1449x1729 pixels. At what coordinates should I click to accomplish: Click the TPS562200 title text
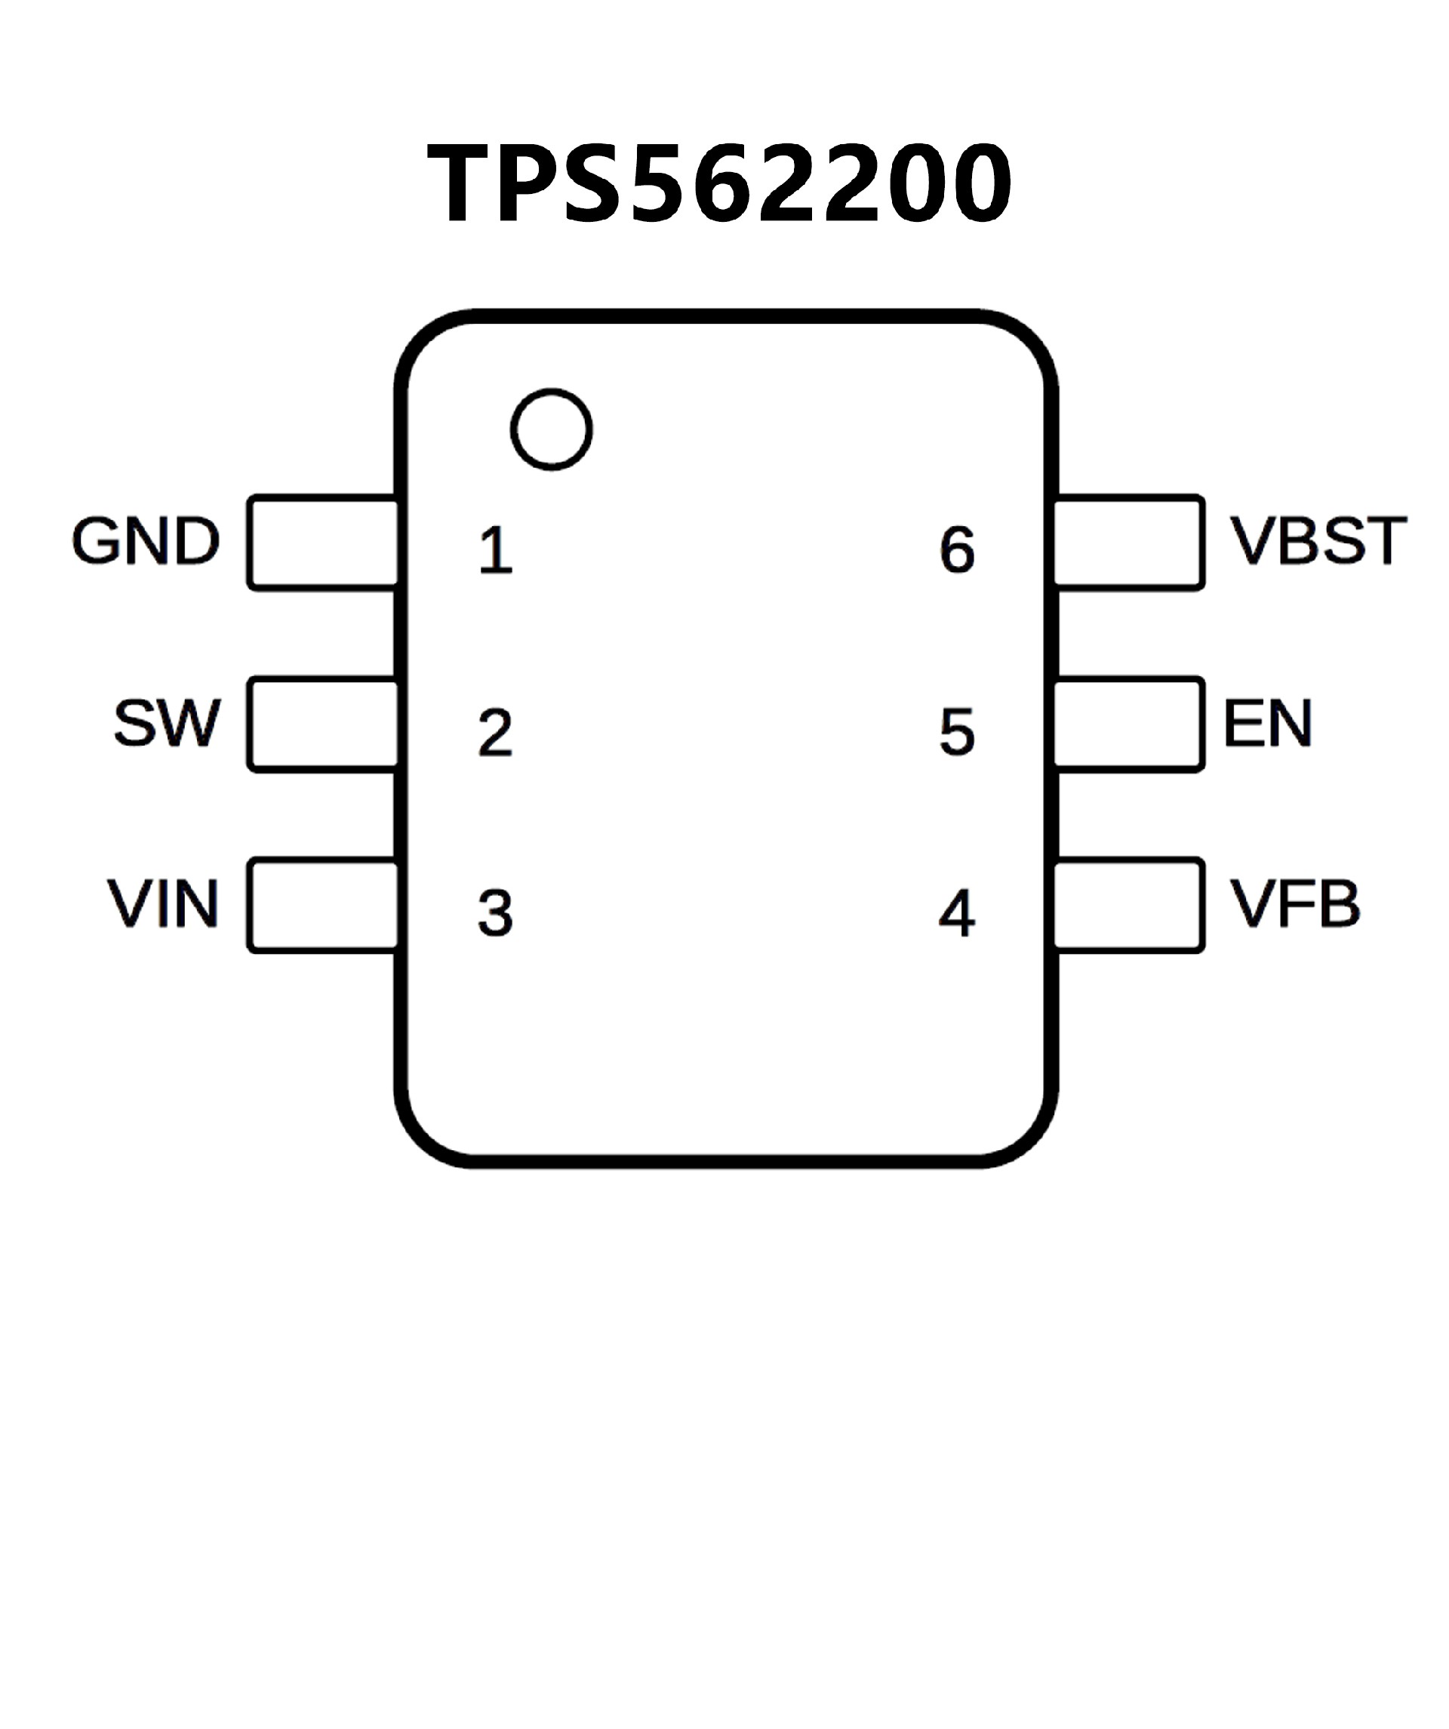pos(718,183)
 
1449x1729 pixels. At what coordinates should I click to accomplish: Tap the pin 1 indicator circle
pos(551,429)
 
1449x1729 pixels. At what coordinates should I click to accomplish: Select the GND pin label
pos(146,541)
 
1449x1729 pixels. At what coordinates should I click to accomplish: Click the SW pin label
pos(167,723)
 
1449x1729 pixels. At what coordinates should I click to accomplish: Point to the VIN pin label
pos(163,903)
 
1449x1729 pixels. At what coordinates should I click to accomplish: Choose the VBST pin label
pos(1318,541)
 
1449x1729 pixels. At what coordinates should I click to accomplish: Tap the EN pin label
pos(1267,723)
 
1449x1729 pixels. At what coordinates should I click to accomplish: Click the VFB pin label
pos(1294,903)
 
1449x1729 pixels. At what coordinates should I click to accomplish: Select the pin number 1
pos(496,549)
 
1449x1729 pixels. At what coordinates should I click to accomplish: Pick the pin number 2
pos(495,731)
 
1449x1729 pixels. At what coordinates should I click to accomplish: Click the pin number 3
pos(495,912)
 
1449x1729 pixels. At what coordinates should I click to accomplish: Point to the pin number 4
pos(957,912)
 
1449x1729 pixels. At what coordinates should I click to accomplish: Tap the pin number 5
pos(957,731)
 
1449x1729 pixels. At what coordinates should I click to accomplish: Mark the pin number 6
pos(957,549)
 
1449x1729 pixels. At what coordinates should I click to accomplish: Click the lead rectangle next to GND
pos(323,543)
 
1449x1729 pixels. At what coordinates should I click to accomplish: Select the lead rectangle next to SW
pos(323,725)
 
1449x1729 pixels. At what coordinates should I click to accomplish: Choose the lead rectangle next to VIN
pos(323,906)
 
